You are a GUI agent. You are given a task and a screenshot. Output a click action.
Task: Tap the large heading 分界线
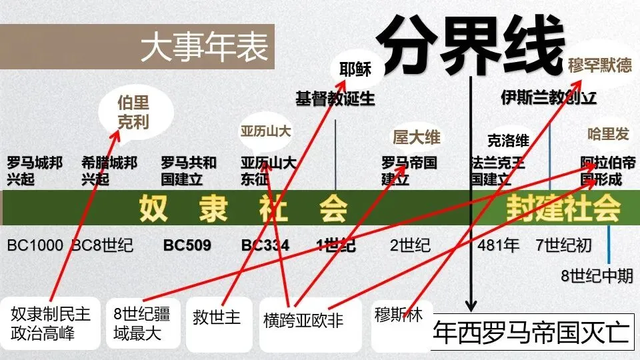point(470,45)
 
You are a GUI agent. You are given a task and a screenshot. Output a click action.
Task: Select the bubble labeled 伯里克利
point(133,113)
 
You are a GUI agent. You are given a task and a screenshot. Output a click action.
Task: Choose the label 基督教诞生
point(335,99)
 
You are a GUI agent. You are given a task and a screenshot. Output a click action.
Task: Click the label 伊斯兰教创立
point(548,98)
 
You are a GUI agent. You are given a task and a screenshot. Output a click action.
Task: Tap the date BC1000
point(35,245)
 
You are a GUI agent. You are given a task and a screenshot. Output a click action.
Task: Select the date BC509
point(187,245)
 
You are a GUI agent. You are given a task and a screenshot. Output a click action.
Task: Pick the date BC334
point(265,245)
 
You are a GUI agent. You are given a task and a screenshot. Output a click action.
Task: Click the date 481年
point(498,245)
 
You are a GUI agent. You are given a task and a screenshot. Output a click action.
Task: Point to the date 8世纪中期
point(597,276)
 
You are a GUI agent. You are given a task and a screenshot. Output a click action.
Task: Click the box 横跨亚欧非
point(303,321)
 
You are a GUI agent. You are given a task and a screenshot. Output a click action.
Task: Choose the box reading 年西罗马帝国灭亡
point(531,332)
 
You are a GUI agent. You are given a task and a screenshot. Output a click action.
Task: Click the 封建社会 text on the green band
point(563,209)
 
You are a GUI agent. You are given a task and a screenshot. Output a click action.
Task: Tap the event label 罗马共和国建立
point(189,171)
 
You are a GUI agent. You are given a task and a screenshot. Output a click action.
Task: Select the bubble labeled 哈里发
point(607,134)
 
